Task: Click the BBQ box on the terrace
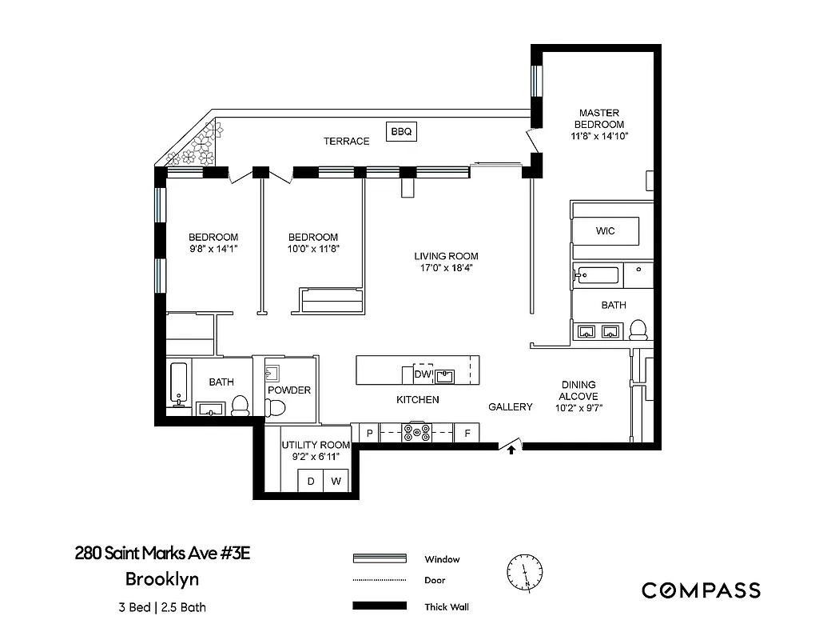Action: click(x=401, y=132)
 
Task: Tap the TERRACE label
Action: click(x=346, y=142)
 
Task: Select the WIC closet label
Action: click(x=605, y=231)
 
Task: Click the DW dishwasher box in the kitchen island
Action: click(x=422, y=374)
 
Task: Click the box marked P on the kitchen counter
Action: click(x=369, y=434)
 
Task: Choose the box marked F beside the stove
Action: click(x=466, y=434)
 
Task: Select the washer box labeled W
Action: click(x=336, y=482)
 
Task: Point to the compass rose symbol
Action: click(x=523, y=573)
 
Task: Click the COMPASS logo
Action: click(x=701, y=591)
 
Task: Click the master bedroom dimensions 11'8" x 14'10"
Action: click(x=599, y=136)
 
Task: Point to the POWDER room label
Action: click(x=288, y=390)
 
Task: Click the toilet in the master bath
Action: click(x=638, y=330)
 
